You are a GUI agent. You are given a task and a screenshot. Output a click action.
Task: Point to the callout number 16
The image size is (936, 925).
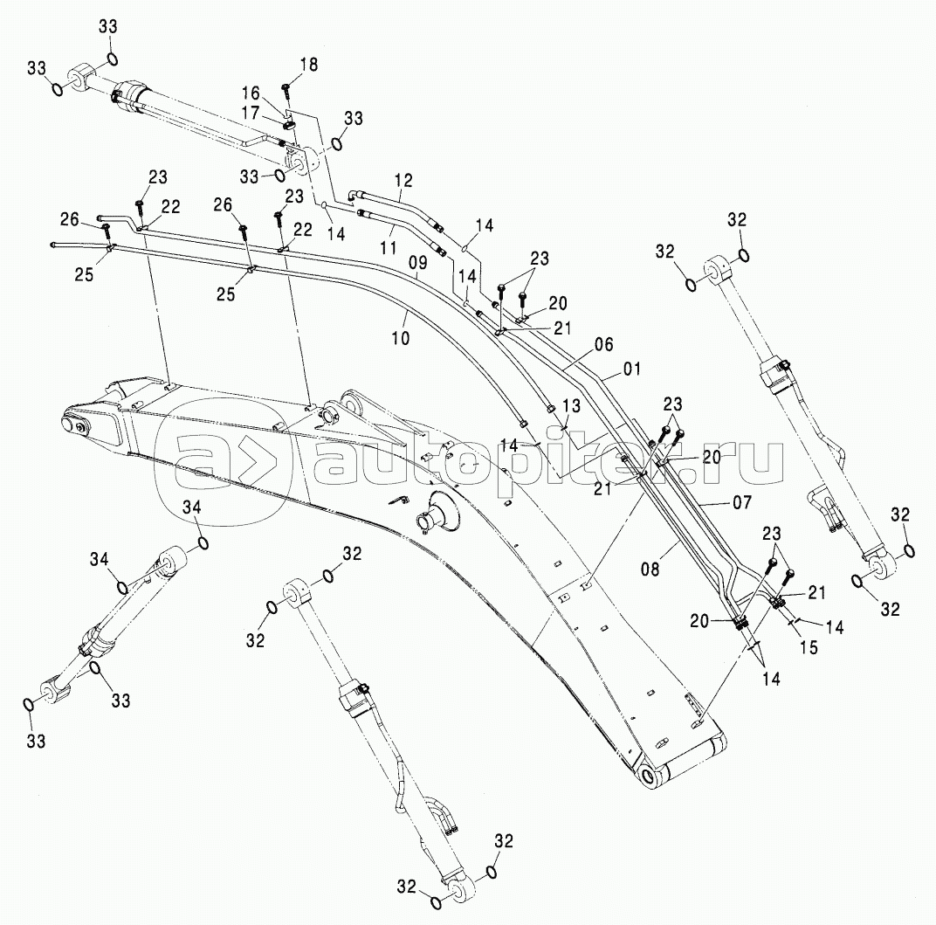click(x=251, y=93)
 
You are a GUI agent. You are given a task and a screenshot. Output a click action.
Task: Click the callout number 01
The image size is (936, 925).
click(x=631, y=369)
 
